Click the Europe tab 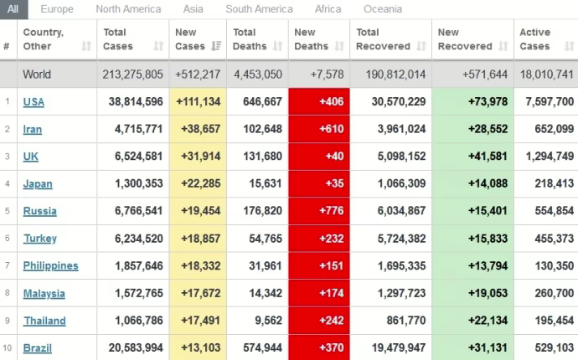(57, 9)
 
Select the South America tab (260, 9)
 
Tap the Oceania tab (383, 9)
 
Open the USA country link (34, 102)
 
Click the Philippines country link (50, 265)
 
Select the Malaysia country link (44, 293)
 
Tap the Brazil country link (37, 347)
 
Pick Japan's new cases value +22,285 (198, 184)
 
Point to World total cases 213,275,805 (133, 75)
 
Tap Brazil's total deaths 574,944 (259, 347)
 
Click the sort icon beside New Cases (217, 46)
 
